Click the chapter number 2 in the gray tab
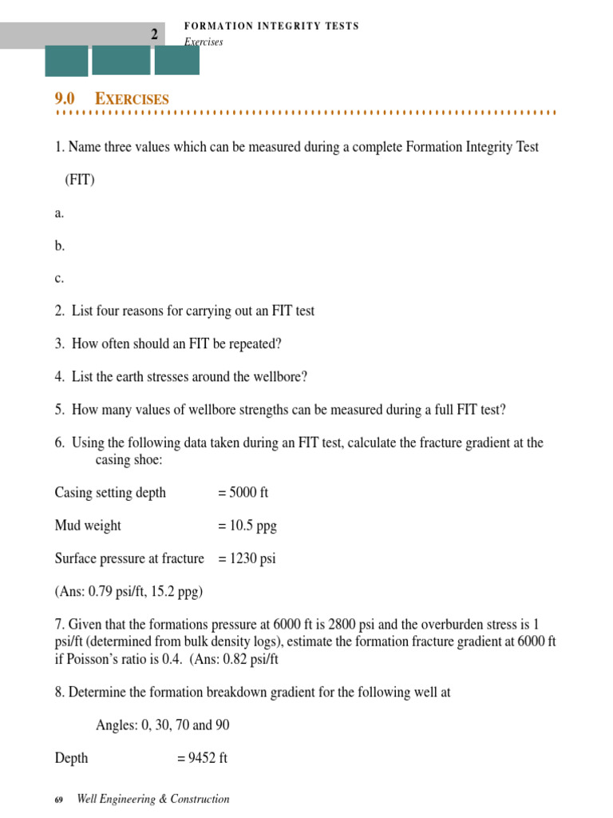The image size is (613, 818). tap(155, 34)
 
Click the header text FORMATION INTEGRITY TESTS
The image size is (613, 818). tap(271, 26)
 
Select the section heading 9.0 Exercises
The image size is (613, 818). tap(112, 99)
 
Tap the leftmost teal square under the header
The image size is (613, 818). tap(66, 61)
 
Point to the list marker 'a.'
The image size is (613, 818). tap(59, 213)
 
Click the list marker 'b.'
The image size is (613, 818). tap(60, 246)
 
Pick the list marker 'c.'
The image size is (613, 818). tap(59, 279)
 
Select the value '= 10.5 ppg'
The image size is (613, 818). tap(247, 526)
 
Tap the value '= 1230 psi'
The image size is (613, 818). tap(247, 558)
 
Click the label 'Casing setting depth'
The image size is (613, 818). tap(110, 492)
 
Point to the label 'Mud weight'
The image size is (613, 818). tap(88, 526)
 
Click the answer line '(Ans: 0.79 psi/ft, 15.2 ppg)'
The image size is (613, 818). tap(129, 591)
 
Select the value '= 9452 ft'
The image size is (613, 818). tap(202, 757)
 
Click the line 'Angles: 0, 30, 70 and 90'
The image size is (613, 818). tap(164, 725)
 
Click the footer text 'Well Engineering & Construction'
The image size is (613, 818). tap(152, 799)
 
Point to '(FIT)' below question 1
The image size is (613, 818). tap(80, 180)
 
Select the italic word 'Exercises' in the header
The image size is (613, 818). tap(204, 42)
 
